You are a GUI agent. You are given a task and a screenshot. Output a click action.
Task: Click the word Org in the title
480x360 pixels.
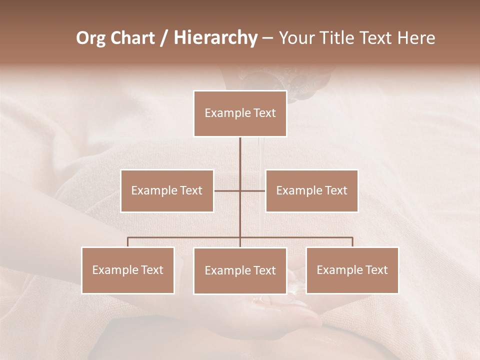pos(90,38)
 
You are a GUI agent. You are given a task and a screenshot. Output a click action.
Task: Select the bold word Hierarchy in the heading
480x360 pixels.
pos(215,38)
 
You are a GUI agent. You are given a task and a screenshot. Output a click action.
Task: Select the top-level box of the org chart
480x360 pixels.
pos(240,113)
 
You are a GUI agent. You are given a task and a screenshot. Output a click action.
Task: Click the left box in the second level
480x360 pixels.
pos(167,191)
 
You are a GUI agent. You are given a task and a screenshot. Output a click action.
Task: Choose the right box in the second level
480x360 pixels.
pos(311,191)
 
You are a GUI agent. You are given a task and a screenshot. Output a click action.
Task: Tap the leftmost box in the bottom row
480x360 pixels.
pos(128,270)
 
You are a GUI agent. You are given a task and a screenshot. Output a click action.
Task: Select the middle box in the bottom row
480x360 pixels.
pos(240,271)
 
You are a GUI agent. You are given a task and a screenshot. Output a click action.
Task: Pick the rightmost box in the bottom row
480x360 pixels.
pos(352,270)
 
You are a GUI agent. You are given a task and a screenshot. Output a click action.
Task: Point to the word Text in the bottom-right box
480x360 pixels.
pos(376,270)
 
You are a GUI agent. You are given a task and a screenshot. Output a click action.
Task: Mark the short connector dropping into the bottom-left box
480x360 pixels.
pos(128,242)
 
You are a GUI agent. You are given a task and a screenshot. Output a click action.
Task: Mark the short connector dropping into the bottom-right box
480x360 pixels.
pos(352,242)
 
